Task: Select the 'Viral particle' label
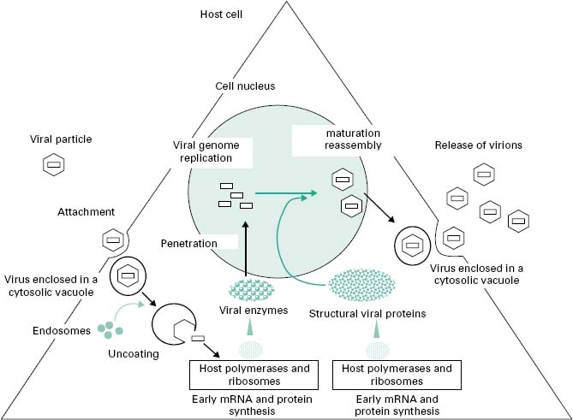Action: tap(60, 138)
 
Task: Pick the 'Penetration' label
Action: tap(187, 244)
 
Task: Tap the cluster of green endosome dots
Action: tap(109, 327)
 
